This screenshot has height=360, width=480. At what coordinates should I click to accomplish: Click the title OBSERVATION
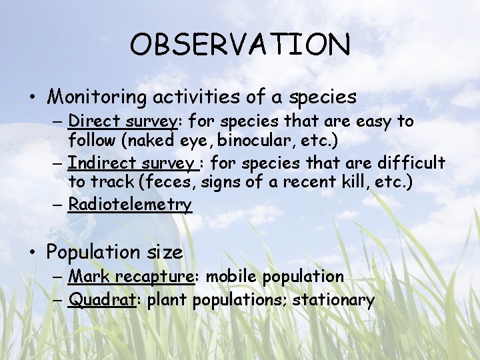point(239,45)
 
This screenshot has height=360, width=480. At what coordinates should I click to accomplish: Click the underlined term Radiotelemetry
point(130,204)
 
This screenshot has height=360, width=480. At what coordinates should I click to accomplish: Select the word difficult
point(411,163)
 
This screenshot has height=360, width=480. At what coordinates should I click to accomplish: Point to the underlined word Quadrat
point(102,300)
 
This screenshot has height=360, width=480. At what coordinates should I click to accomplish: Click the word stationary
point(333,300)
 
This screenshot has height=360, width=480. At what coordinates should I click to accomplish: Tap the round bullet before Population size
point(32,253)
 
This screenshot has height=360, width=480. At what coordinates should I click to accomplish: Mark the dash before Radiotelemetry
point(58,205)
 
